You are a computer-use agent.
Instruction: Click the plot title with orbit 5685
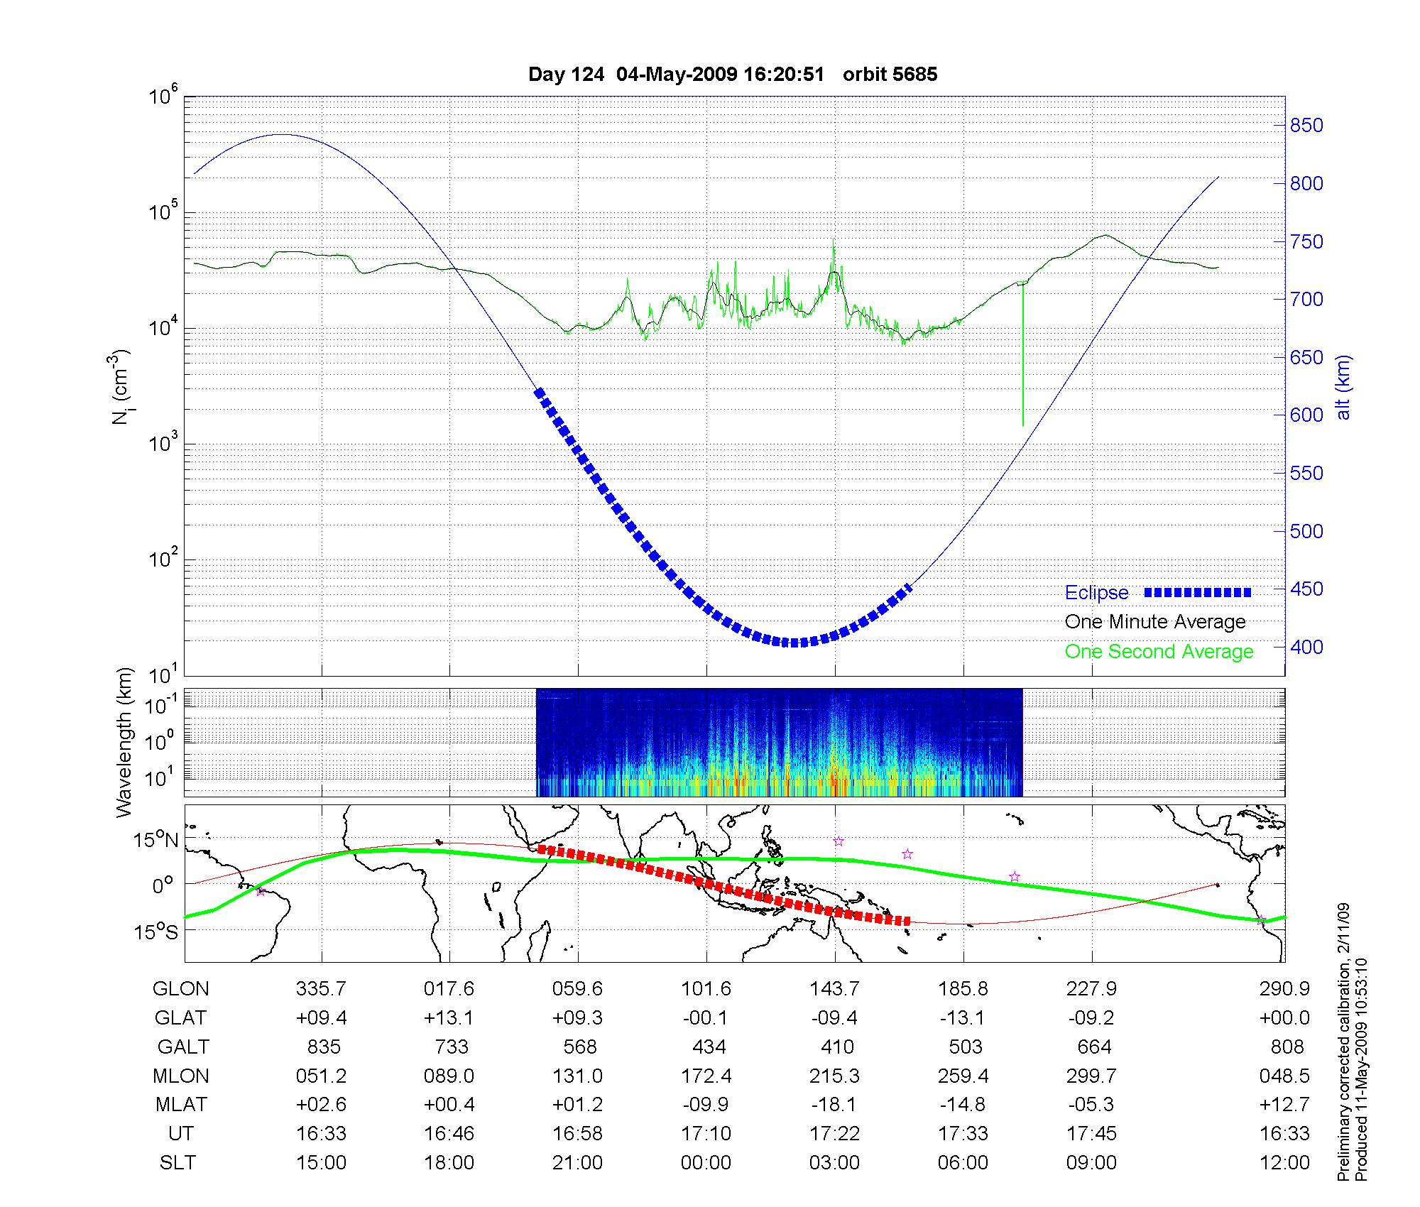732,75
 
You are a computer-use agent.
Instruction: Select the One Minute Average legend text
1155,622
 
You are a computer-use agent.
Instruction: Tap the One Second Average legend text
1159,652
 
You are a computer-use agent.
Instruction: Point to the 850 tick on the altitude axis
1306,126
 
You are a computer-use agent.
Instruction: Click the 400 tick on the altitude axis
1306,647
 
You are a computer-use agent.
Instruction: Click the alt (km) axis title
1343,388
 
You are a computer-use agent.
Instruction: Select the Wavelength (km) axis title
125,742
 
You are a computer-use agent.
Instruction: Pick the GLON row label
181,989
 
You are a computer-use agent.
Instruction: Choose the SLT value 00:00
706,1163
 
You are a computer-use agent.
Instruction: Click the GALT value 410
837,1047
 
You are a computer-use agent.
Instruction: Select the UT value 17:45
1091,1134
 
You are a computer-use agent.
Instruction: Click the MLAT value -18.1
834,1105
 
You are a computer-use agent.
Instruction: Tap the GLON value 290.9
1284,989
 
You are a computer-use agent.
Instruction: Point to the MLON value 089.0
449,1076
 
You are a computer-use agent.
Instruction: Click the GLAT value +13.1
449,1018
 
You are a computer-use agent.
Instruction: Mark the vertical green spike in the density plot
1022,355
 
